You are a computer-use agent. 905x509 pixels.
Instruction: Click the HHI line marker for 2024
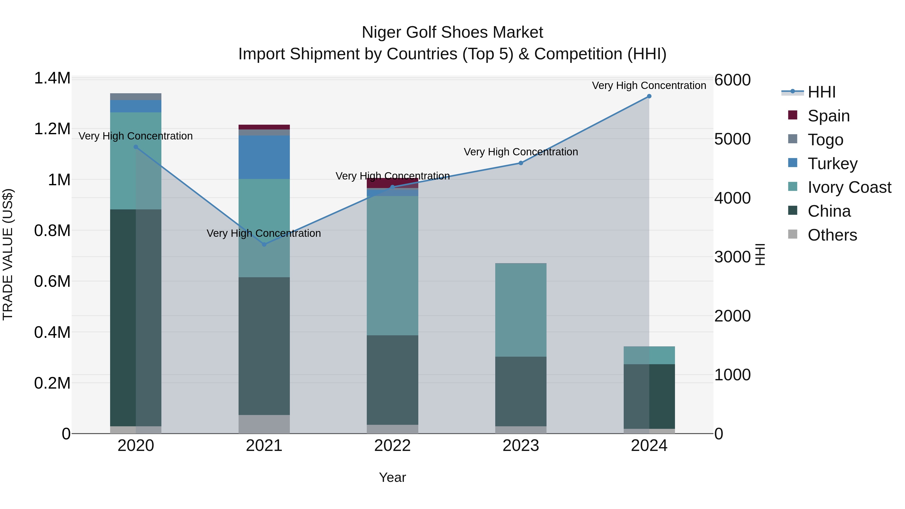click(x=649, y=96)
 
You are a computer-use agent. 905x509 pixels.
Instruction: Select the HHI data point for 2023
click(x=521, y=163)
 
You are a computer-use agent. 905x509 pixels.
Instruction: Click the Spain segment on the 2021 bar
click(x=264, y=127)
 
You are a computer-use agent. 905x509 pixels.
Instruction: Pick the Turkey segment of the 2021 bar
click(x=264, y=157)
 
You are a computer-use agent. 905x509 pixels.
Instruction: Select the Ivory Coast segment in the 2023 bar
click(x=521, y=310)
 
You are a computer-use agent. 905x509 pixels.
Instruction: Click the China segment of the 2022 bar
click(x=392, y=380)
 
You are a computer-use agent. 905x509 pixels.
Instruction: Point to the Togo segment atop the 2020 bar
click(x=135, y=97)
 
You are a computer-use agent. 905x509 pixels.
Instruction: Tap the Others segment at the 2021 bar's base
click(x=264, y=424)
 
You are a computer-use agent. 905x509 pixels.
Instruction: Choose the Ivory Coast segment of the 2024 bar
click(x=649, y=355)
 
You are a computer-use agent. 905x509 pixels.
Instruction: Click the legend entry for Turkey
click(x=832, y=163)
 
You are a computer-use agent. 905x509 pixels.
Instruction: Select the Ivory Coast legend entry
click(x=849, y=187)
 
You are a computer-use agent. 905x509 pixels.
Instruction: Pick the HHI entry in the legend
click(x=821, y=92)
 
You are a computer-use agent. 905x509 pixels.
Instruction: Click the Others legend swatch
click(x=793, y=234)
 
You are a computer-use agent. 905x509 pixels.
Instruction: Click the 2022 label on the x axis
click(x=392, y=446)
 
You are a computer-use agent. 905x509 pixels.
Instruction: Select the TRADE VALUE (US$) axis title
click(x=8, y=254)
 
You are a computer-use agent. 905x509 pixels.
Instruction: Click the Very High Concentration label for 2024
click(x=649, y=85)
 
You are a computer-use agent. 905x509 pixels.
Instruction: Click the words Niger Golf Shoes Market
click(x=452, y=32)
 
